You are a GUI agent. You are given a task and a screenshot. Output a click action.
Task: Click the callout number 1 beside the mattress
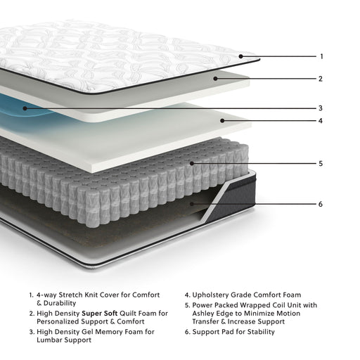coord(321,56)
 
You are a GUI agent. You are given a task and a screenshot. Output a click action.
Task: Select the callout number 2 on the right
coord(321,79)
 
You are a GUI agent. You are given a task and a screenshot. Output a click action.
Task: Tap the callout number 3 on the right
coord(321,108)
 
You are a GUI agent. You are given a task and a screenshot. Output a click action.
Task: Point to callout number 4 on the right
coord(321,120)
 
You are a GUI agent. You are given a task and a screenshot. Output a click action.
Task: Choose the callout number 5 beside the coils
coord(321,163)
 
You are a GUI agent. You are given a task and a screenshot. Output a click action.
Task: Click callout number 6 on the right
coord(321,205)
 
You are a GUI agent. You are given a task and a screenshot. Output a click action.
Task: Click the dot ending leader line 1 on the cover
coord(240,56)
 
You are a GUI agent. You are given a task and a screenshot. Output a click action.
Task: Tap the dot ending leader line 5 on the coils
coord(191,163)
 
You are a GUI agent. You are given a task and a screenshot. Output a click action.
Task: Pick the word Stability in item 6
coord(257,332)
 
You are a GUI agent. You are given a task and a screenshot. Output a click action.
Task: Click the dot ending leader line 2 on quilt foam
coord(217,79)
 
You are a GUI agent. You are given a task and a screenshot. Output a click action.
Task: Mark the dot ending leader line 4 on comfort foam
coord(223,120)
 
